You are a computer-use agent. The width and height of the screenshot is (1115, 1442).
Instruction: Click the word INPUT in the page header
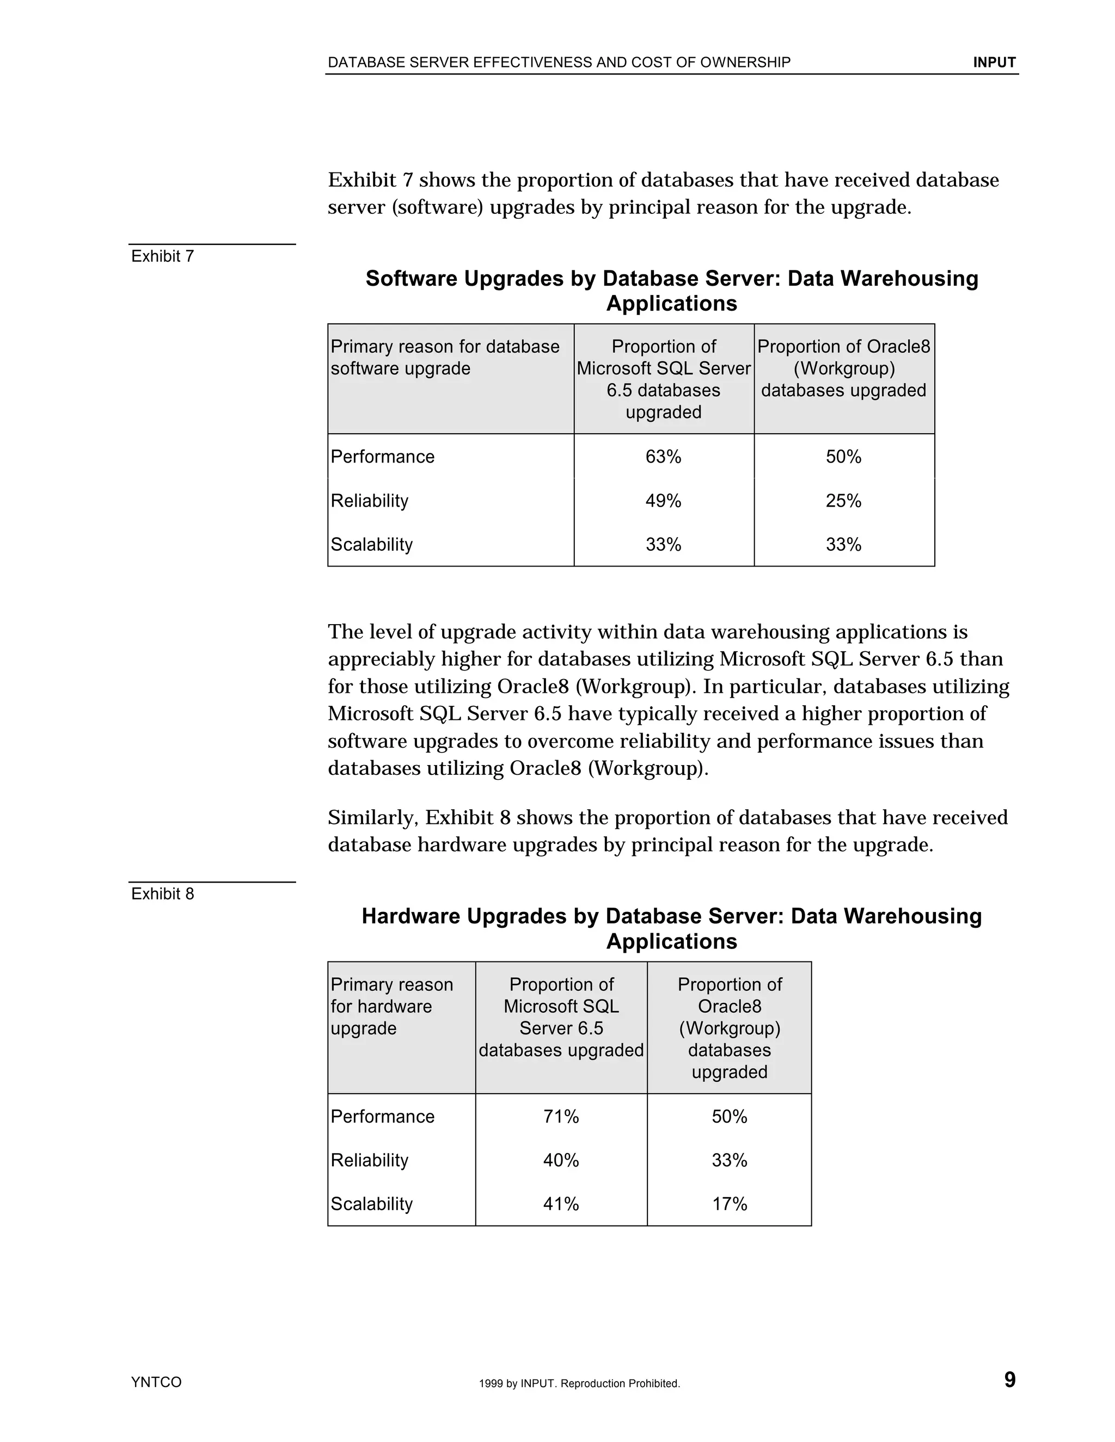click(994, 63)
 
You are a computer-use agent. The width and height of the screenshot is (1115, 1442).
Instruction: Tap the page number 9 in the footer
click(1009, 1379)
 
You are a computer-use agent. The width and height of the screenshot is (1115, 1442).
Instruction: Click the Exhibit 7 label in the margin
click(162, 256)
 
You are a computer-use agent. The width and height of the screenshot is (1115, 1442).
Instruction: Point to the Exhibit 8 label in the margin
click(162, 894)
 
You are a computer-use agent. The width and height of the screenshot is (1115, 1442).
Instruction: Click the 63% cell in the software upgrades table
click(663, 457)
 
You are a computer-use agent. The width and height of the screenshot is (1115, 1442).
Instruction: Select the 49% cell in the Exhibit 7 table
click(663, 501)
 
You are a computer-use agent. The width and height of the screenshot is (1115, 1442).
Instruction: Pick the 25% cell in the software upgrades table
click(843, 501)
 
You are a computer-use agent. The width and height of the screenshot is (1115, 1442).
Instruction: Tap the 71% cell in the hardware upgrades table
click(561, 1117)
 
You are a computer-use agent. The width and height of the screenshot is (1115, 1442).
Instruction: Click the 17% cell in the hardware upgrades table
click(729, 1204)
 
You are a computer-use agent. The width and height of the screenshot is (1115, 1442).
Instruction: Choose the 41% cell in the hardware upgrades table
click(561, 1204)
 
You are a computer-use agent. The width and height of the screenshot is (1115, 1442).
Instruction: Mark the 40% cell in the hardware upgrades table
click(561, 1160)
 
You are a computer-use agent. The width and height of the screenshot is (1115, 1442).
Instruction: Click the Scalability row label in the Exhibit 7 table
click(371, 545)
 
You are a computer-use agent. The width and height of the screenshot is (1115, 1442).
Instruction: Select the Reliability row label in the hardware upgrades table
click(369, 1160)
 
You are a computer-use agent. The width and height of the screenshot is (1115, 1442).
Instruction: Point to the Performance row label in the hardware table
click(382, 1117)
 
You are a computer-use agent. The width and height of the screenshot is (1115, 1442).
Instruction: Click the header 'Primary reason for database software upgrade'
click(445, 357)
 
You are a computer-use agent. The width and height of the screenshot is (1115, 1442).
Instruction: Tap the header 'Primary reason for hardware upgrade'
click(391, 1006)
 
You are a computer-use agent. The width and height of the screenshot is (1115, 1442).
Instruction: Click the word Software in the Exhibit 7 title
click(411, 279)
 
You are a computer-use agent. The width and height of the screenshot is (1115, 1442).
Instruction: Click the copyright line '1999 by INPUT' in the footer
click(579, 1383)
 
